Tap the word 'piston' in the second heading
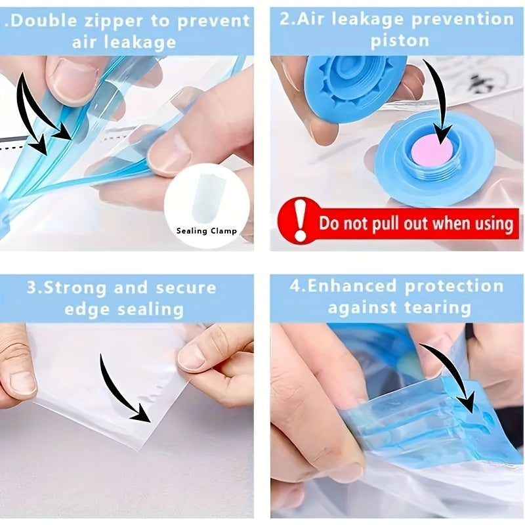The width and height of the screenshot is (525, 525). pyautogui.click(x=400, y=41)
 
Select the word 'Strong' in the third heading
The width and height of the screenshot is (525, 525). pyautogui.click(x=75, y=288)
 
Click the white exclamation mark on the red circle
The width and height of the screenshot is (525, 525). pyautogui.click(x=301, y=220)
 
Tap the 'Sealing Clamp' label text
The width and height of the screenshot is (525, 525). pyautogui.click(x=207, y=231)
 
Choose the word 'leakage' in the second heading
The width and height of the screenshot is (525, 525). pyautogui.click(x=369, y=20)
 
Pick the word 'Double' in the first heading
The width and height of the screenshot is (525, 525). pyautogui.click(x=43, y=21)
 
